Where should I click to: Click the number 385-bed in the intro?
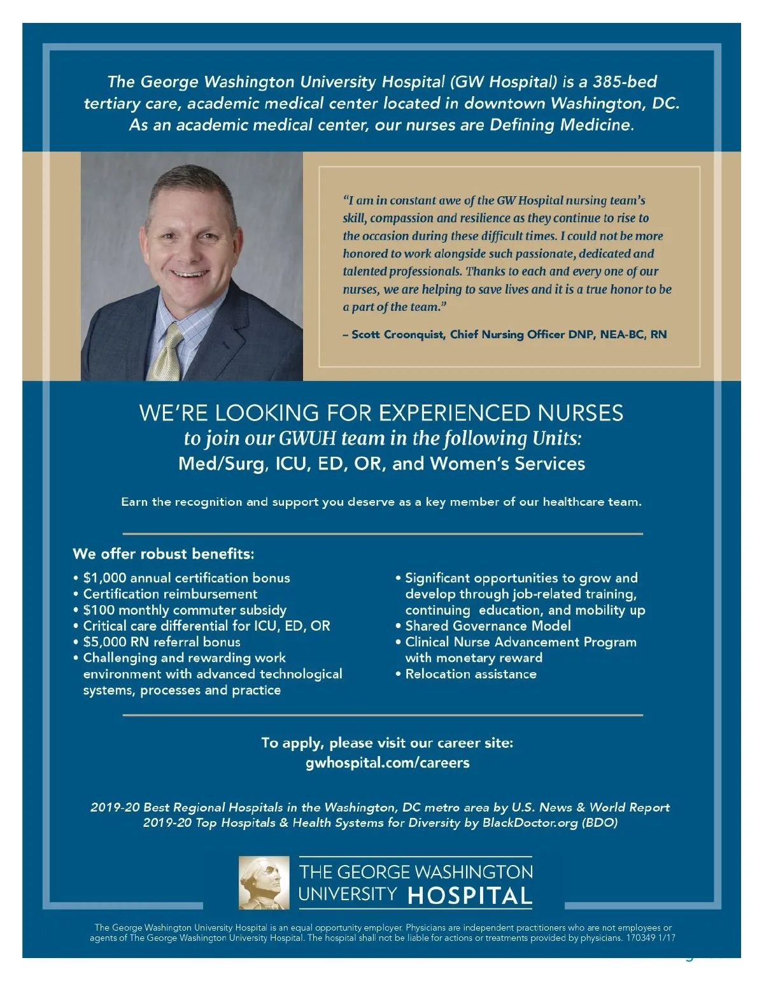tap(624, 82)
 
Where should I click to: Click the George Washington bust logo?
tap(264, 883)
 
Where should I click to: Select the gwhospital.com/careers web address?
tap(387, 763)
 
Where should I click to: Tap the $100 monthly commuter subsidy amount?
tap(99, 610)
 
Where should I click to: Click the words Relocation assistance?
tap(470, 674)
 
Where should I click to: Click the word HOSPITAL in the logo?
tap(469, 896)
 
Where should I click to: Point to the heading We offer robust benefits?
tap(163, 554)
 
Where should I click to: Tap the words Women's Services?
tap(507, 464)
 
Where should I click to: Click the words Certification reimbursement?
tap(170, 594)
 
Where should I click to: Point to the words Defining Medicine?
tap(561, 125)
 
